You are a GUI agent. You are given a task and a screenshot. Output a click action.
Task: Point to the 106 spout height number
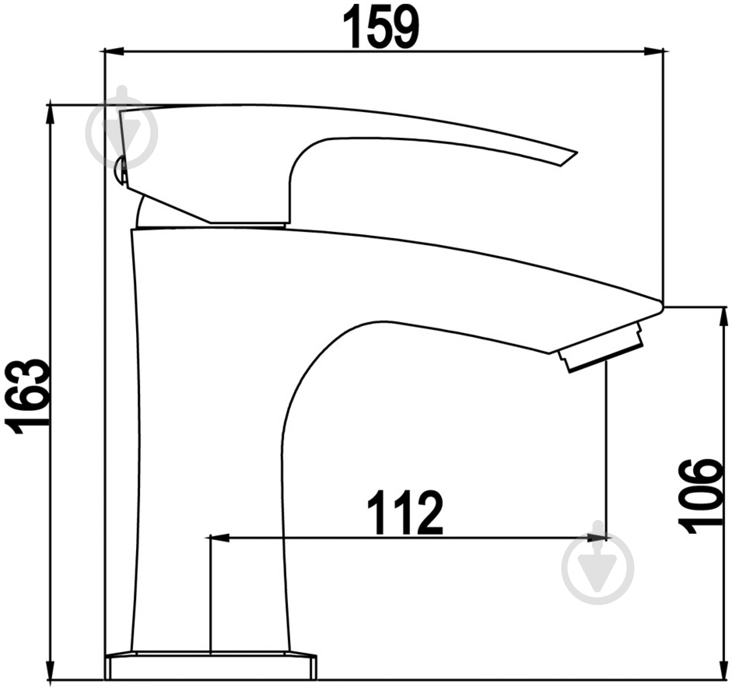coord(700,496)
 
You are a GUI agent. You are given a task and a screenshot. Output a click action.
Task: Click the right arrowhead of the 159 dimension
coord(654,51)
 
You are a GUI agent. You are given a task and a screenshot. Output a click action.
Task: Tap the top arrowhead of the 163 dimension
coord(50,114)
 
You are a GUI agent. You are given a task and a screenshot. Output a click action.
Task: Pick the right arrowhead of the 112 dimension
coord(597,538)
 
